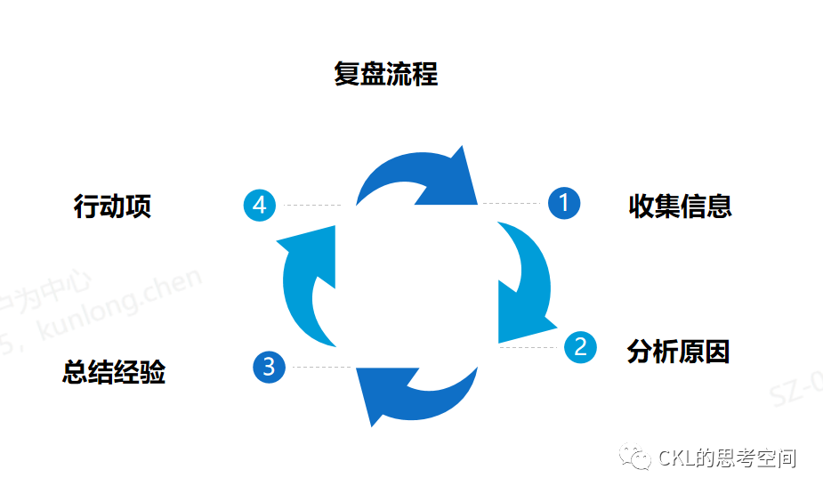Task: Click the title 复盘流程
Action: tap(386, 73)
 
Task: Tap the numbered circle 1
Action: tap(564, 204)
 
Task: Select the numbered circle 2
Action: tap(580, 345)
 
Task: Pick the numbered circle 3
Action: tap(269, 367)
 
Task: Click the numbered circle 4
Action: tap(260, 206)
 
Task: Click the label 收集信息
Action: tap(680, 207)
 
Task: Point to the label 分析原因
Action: tap(678, 352)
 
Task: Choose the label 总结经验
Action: tap(114, 372)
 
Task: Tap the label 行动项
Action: tap(112, 207)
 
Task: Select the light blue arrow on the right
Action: tap(525, 285)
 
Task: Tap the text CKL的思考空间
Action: tap(727, 458)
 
